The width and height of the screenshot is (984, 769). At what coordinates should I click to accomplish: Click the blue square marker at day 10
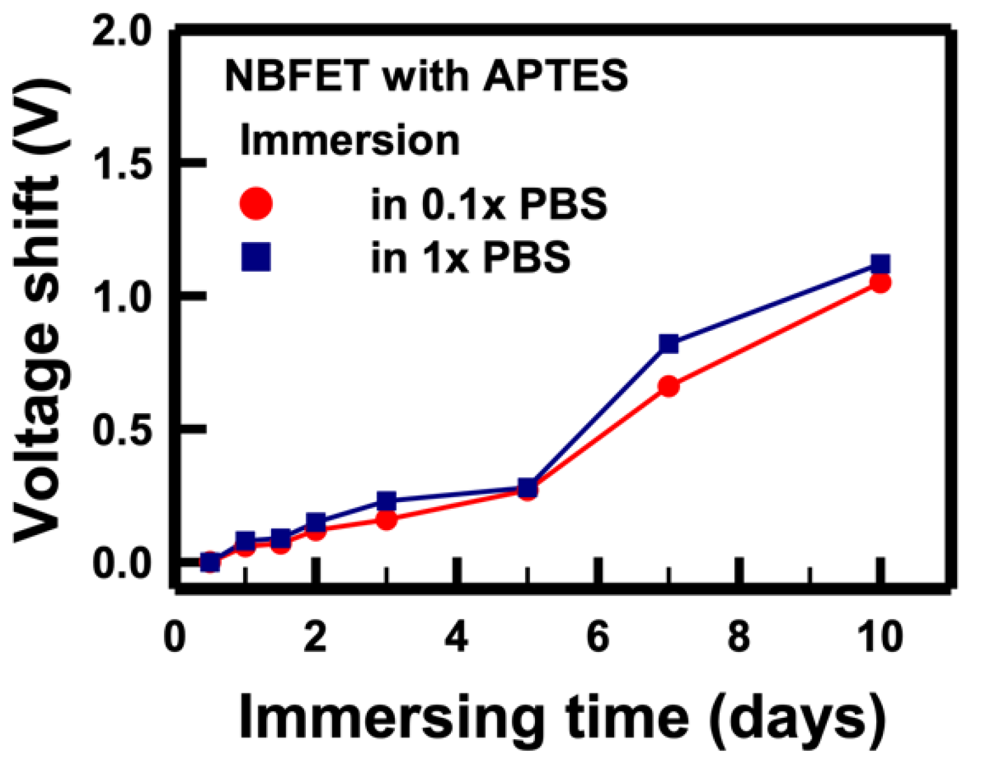point(880,264)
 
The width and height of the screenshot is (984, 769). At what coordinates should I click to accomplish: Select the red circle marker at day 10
point(880,283)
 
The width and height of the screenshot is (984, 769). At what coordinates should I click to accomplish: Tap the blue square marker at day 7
point(668,344)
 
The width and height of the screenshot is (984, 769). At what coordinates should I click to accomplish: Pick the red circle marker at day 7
point(668,386)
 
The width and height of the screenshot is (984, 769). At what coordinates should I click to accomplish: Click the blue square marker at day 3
point(386,501)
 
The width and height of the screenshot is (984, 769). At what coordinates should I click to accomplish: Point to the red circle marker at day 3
point(386,520)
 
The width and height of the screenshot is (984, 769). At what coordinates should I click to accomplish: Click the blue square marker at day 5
point(528,487)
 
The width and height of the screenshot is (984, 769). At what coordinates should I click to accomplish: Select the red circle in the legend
point(256,204)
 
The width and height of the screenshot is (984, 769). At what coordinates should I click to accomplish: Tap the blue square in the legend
point(256,257)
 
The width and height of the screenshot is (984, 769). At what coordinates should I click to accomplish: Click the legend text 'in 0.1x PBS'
point(489,204)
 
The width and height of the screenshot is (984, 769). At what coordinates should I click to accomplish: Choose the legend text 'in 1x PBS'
point(470,257)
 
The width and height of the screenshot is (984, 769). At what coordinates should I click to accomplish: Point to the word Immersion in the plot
point(349,141)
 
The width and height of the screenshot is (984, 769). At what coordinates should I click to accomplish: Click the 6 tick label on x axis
point(598,638)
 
